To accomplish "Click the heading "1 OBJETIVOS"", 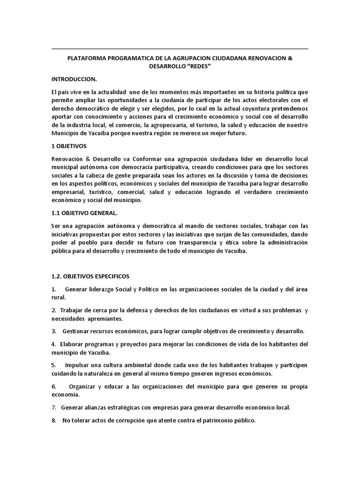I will point(73,146).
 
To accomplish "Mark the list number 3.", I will point(54,331).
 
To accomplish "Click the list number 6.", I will point(54,386).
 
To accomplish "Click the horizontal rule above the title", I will point(180,49).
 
